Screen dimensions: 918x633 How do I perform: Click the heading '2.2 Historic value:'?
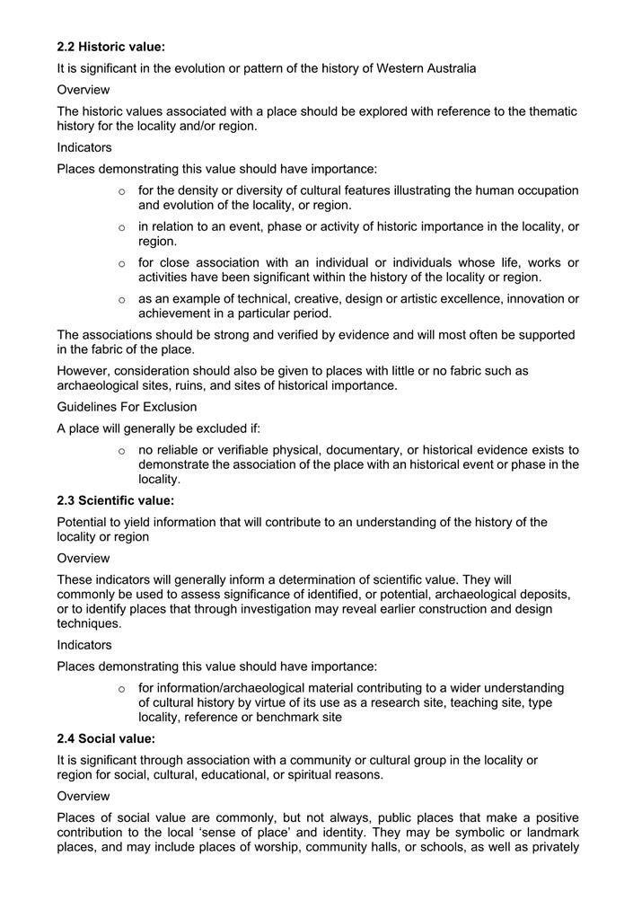point(110,47)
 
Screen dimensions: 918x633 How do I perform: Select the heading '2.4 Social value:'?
point(106,738)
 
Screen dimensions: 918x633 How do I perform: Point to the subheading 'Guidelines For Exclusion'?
point(127,406)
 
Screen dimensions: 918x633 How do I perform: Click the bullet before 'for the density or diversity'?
point(121,191)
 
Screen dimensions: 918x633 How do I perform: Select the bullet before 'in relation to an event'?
point(121,227)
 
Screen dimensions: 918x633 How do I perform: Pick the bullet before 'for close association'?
point(121,263)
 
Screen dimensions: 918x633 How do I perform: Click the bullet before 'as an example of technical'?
point(121,299)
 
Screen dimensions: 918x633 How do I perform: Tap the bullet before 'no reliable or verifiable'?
point(121,450)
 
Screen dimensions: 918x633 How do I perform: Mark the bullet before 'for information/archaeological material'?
point(121,689)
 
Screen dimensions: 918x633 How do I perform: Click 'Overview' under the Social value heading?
point(84,796)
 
